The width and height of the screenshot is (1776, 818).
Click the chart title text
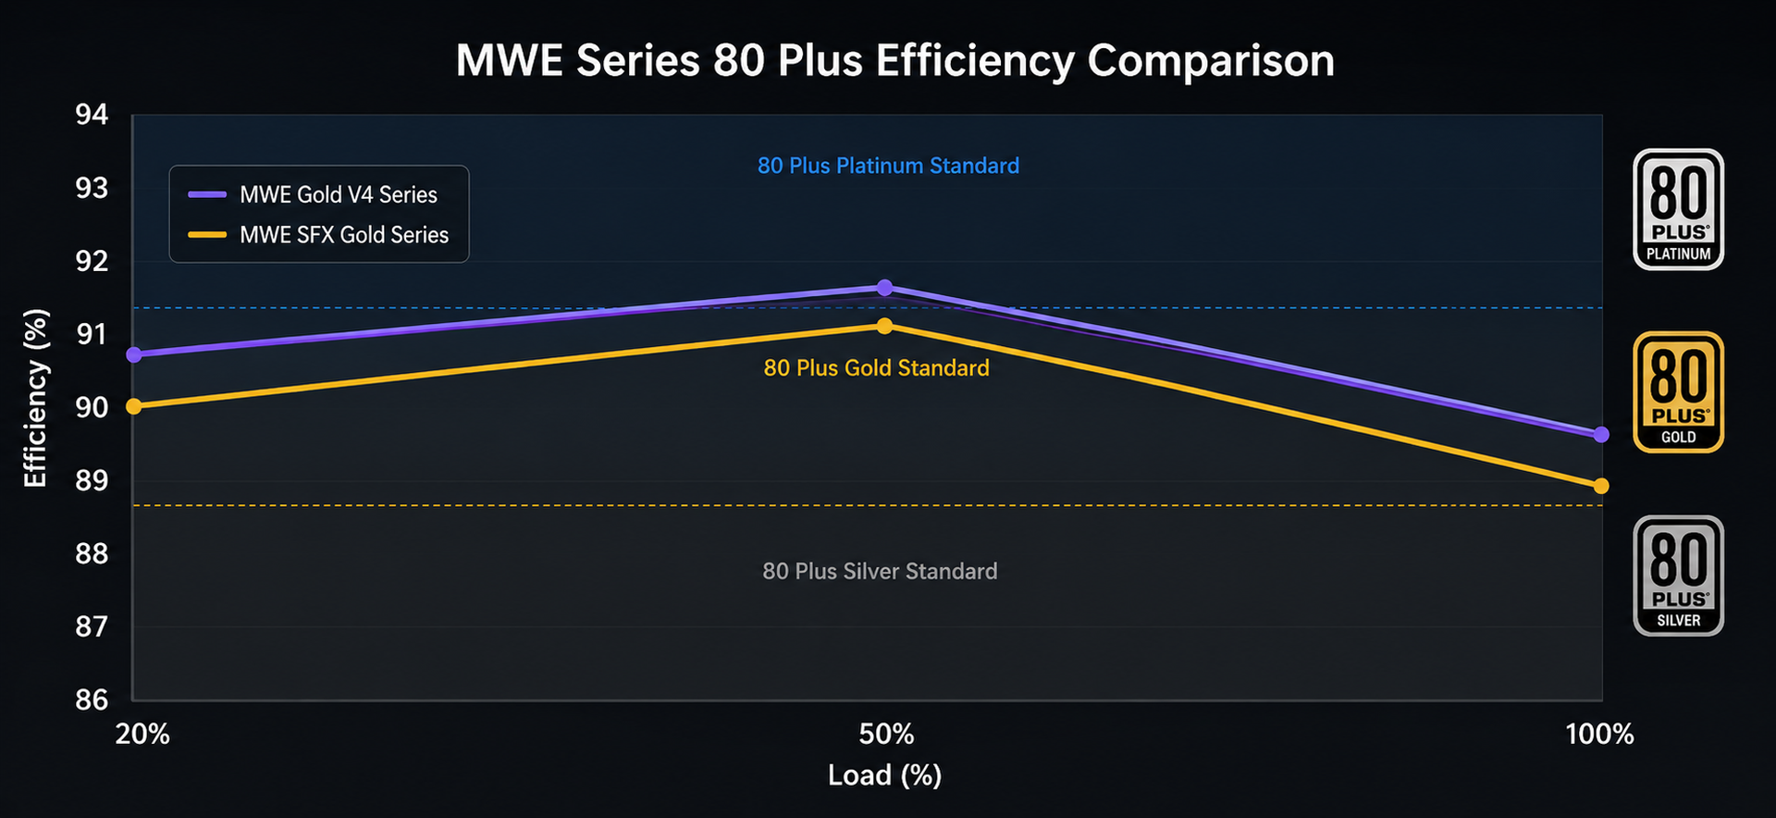point(894,61)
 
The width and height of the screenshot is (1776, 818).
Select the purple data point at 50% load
point(884,288)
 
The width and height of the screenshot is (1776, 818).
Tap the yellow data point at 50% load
point(884,326)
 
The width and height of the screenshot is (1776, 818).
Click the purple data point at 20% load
point(134,354)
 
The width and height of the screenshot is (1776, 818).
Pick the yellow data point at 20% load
point(134,406)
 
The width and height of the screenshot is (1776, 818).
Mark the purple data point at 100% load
point(1601,435)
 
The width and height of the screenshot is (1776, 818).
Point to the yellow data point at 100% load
point(1601,486)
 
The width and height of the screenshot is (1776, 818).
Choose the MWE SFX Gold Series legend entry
point(318,235)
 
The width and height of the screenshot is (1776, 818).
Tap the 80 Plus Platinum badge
point(1678,210)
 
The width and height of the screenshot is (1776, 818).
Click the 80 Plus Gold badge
point(1678,392)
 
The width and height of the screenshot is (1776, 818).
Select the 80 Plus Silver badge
point(1678,576)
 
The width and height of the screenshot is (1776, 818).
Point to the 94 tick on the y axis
point(92,115)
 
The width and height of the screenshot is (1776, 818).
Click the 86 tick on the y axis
point(92,700)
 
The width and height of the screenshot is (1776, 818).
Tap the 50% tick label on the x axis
point(886,735)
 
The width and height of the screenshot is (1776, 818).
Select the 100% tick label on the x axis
point(1599,735)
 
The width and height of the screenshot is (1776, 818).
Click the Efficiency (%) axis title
point(35,398)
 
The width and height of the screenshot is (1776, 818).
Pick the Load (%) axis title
point(884,775)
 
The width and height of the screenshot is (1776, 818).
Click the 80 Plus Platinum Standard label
point(888,166)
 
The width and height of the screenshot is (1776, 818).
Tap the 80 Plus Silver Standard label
point(880,571)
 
